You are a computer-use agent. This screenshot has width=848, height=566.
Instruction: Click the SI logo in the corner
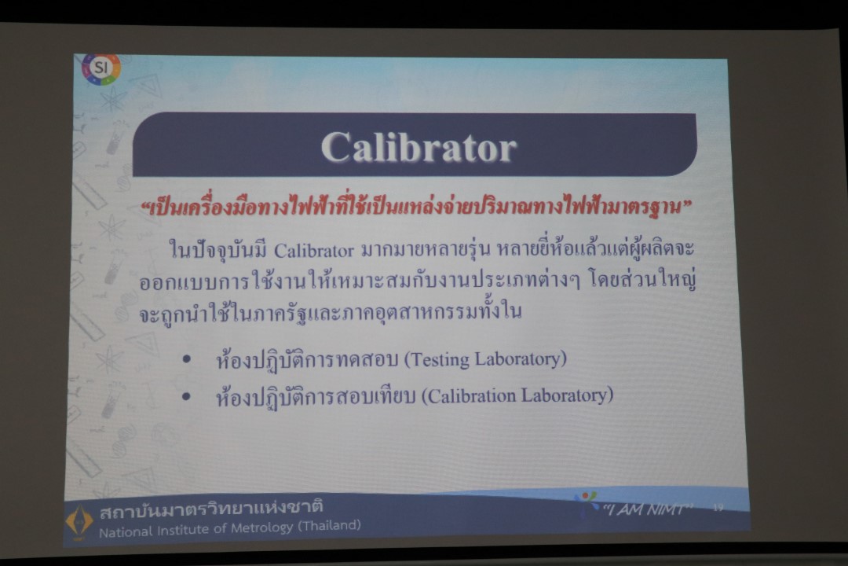(x=101, y=69)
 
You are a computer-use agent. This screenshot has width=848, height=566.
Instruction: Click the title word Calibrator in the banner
(x=419, y=147)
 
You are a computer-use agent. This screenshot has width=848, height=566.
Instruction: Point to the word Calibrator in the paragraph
(x=313, y=251)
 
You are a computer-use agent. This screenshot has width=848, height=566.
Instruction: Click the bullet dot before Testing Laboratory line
(x=187, y=359)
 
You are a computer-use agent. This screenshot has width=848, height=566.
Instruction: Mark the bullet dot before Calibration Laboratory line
(x=187, y=397)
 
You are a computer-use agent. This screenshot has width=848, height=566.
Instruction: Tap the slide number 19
(x=718, y=508)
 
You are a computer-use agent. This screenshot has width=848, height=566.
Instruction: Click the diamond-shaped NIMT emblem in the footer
(x=79, y=521)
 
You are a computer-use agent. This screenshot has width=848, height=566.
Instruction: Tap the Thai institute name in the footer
(x=211, y=509)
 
